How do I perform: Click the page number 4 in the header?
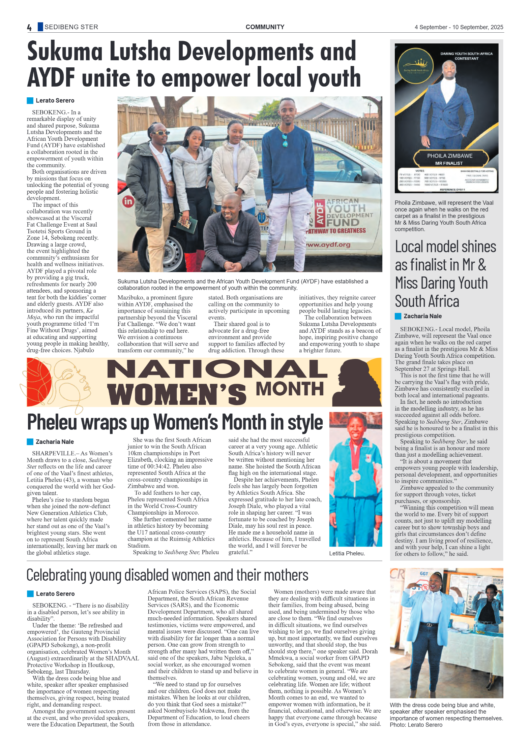29,27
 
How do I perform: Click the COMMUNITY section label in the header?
265,27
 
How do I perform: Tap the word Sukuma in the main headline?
65,52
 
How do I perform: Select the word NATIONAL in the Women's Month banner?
217,369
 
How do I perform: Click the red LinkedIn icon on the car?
128,201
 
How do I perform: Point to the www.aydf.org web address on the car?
328,245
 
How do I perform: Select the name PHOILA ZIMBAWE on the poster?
449,156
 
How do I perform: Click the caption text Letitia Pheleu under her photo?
347,553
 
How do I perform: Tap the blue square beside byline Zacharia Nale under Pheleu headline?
30,442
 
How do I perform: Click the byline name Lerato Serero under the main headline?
55,100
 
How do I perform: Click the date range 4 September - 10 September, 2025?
459,27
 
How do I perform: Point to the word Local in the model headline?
409,247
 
